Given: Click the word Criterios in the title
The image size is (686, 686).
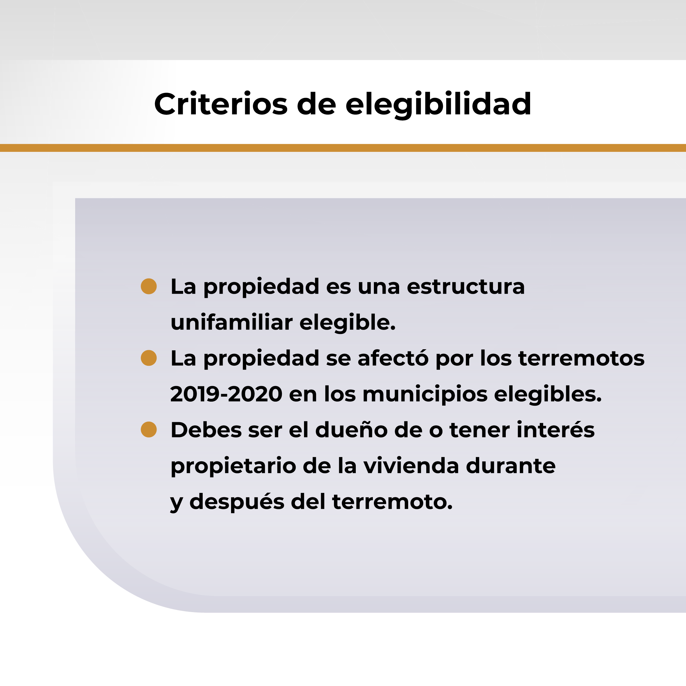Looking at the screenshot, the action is [x=221, y=104].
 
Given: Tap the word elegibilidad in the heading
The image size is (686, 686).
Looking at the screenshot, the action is [x=438, y=105].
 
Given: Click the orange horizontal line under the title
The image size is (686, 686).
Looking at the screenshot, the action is [x=343, y=148].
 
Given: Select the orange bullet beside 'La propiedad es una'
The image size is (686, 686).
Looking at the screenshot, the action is [x=149, y=286].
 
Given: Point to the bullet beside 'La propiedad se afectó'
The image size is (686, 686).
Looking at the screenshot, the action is [x=149, y=358].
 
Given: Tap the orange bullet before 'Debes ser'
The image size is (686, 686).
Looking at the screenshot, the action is [x=149, y=430].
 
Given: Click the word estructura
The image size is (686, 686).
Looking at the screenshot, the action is [x=466, y=287].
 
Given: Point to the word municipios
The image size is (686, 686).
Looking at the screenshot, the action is [x=425, y=395].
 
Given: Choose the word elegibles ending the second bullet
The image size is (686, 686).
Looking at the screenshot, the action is [x=548, y=394].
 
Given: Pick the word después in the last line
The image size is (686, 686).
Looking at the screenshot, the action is [x=237, y=502].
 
